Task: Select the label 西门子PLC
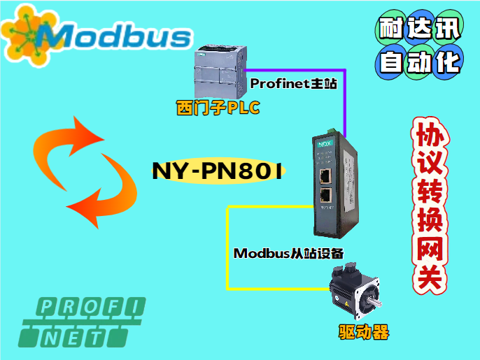(x=218, y=109)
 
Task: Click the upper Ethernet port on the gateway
(x=325, y=174)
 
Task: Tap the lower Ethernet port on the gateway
(x=325, y=195)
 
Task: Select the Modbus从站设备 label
(x=288, y=253)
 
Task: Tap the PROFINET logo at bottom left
(x=83, y=322)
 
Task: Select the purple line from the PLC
(x=344, y=98)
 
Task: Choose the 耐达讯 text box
(x=419, y=29)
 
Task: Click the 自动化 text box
(x=419, y=62)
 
